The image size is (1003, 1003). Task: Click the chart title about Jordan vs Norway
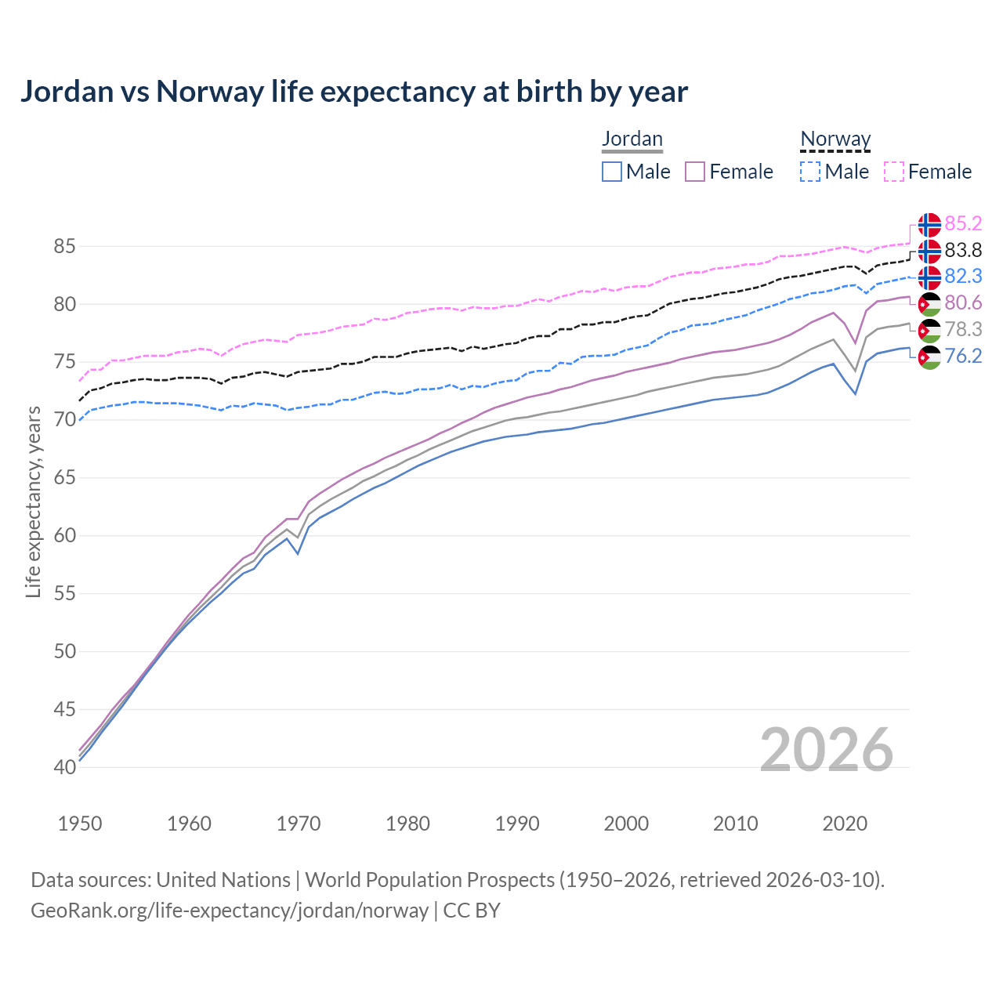coord(353,92)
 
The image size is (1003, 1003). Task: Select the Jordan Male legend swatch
coord(612,172)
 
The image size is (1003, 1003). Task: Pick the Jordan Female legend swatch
coord(695,172)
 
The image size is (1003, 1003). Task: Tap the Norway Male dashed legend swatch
coord(810,172)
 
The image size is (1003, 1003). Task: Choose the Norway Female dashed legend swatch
coord(894,172)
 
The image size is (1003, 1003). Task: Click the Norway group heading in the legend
coord(835,139)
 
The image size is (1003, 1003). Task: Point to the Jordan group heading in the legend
coord(632,139)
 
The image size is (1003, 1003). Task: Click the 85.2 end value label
coord(963,224)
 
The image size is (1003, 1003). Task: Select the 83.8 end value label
coord(963,251)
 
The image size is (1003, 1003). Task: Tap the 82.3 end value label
coord(963,277)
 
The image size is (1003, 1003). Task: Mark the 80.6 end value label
coord(963,303)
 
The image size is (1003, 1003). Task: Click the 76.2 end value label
coord(963,357)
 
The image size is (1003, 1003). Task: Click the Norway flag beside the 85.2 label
coord(929,225)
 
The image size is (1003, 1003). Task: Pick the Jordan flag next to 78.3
coord(929,331)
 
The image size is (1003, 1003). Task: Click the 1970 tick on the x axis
coord(299,824)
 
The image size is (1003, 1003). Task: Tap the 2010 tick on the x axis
coord(735,824)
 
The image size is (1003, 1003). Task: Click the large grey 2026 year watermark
coord(826,750)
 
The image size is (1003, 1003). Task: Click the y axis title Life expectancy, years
coord(34,501)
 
